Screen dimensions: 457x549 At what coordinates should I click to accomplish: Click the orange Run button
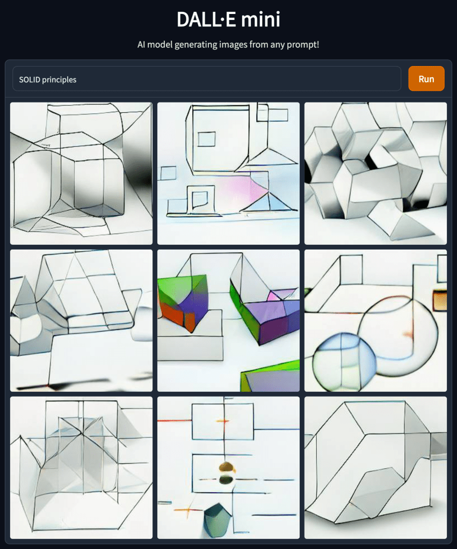[426, 79]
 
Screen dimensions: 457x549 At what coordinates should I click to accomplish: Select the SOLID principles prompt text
[48, 79]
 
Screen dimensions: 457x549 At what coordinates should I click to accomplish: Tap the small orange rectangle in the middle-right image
[439, 301]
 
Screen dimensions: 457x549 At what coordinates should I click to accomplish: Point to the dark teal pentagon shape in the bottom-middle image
[217, 516]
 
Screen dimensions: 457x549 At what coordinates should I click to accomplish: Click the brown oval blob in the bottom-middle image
[227, 467]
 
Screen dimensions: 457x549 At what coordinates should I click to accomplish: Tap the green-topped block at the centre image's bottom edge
[270, 376]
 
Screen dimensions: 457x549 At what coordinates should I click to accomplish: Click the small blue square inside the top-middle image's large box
[207, 139]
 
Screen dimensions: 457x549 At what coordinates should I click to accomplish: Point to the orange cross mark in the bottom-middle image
[188, 510]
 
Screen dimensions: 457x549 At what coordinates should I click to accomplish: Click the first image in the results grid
[81, 173]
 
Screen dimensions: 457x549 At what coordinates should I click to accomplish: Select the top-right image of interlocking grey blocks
[375, 173]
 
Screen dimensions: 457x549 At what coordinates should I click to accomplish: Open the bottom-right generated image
[375, 467]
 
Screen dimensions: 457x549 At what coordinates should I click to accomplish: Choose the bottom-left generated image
[81, 467]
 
